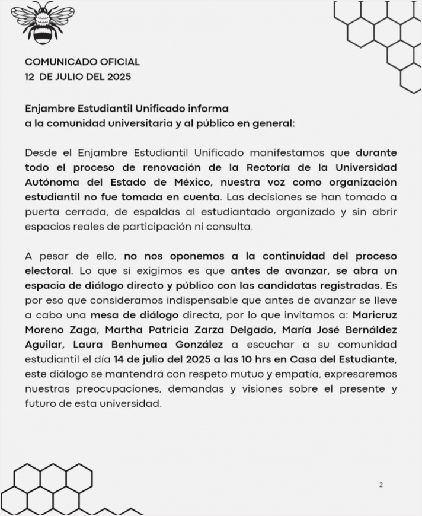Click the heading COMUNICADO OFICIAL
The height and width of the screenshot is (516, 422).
pos(82,62)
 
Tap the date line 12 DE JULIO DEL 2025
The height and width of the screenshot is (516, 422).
pos(78,77)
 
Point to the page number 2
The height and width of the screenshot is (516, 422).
pos(381,485)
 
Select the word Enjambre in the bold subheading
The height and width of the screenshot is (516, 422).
pos(50,109)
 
